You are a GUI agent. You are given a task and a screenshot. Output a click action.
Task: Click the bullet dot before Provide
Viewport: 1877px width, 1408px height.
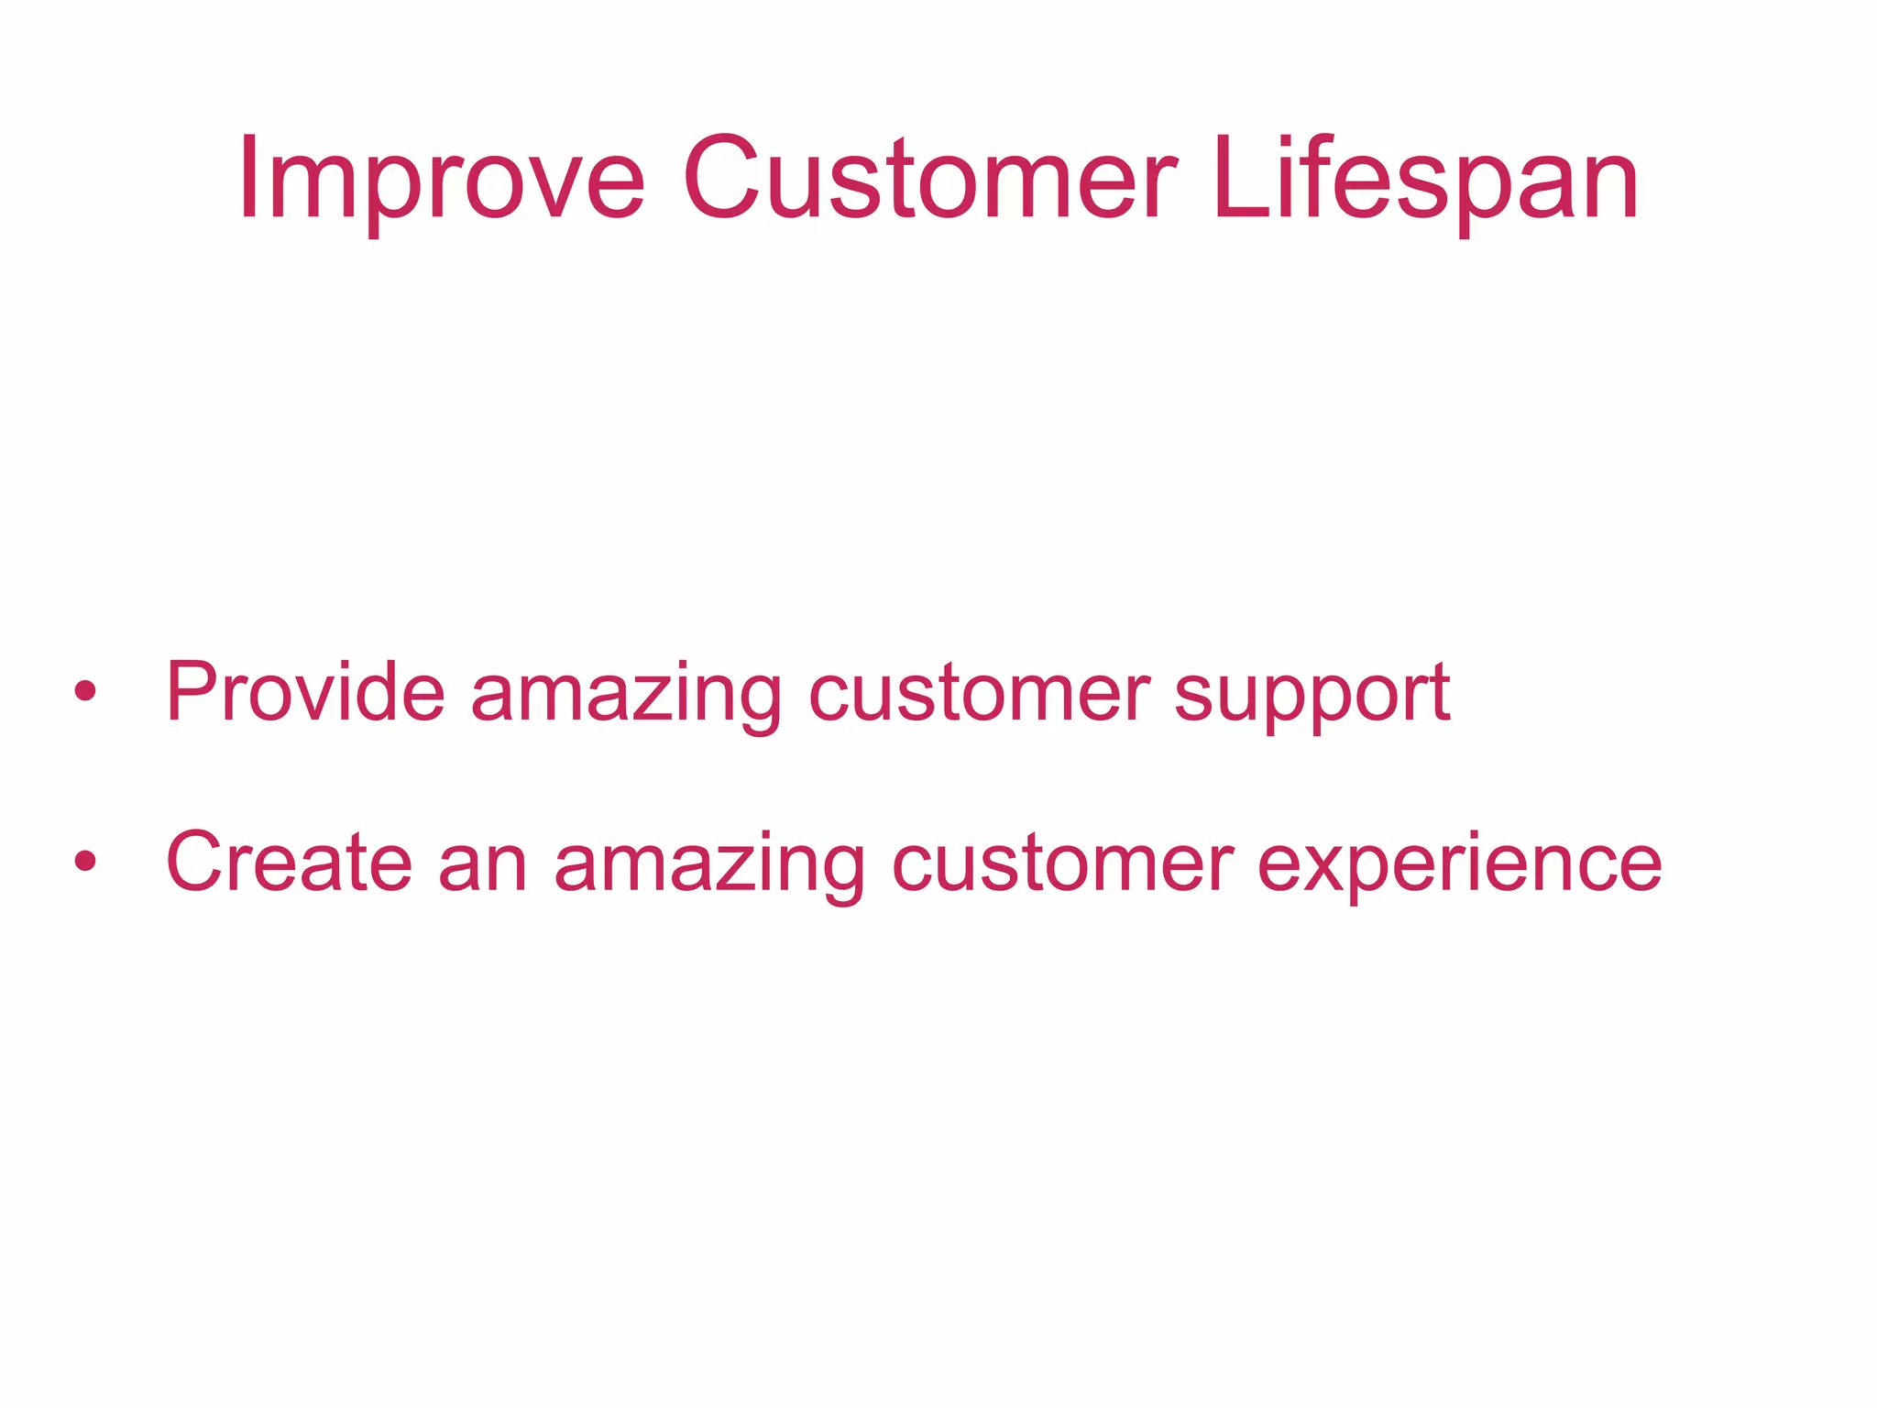pos(85,691)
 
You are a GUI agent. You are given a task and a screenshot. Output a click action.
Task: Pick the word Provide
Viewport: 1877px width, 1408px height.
pos(305,692)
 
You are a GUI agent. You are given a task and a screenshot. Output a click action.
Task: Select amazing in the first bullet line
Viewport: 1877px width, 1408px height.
pos(626,697)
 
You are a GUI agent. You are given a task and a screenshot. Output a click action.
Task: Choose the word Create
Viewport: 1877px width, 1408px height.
pos(289,862)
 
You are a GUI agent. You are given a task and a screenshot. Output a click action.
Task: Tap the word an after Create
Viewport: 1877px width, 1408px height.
pos(483,866)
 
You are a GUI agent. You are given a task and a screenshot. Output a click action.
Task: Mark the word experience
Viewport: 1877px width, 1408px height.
pos(1459,866)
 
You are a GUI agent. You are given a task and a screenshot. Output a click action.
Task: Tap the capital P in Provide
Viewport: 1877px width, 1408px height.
pos(190,692)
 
